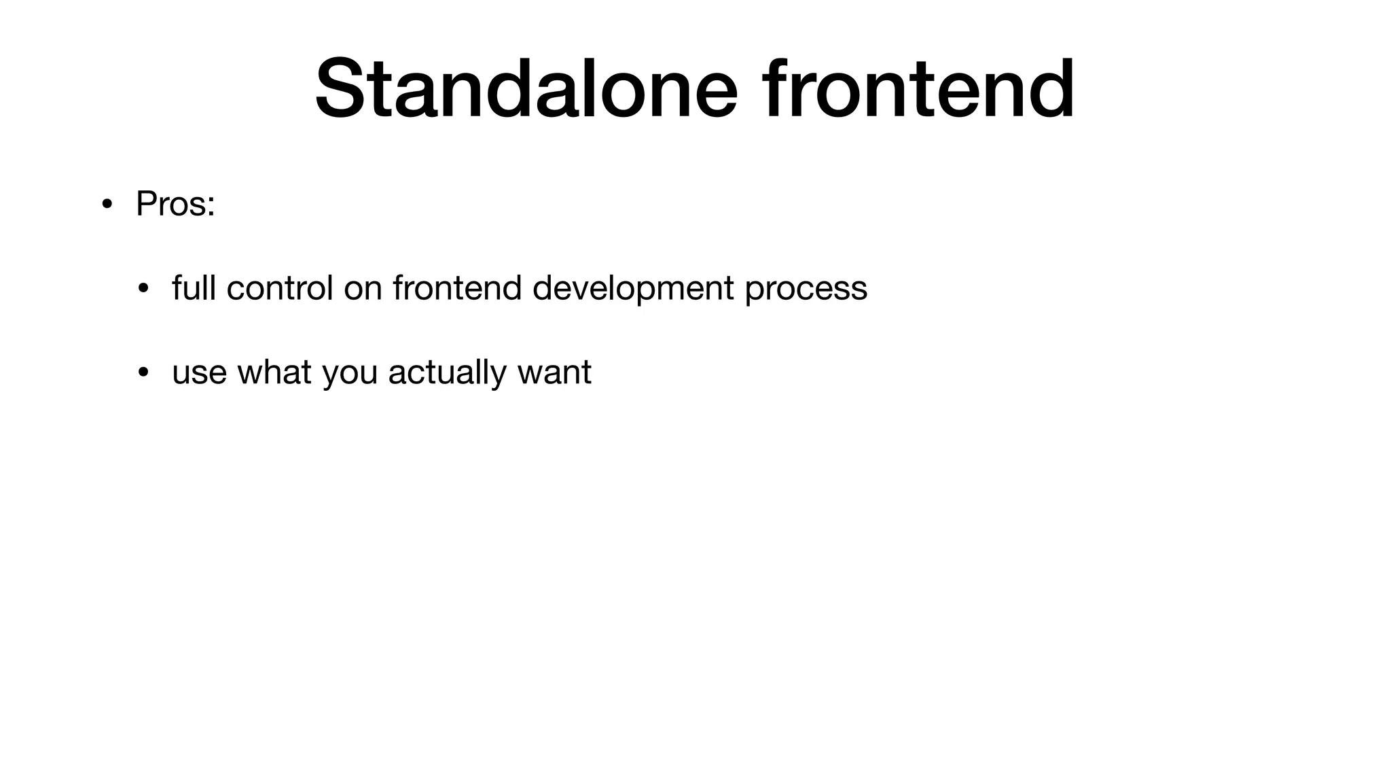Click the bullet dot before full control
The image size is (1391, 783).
[x=143, y=288]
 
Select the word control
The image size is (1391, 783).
[x=279, y=288]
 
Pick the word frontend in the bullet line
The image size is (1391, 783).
[x=456, y=288]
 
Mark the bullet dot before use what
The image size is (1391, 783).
[x=143, y=372]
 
